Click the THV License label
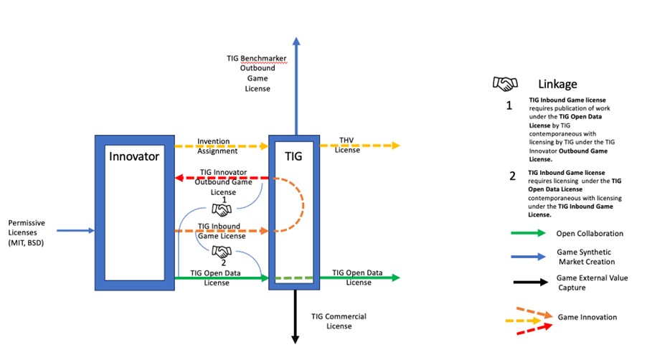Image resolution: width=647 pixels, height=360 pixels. (x=349, y=146)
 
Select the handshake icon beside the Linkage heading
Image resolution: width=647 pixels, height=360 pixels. (x=506, y=84)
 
